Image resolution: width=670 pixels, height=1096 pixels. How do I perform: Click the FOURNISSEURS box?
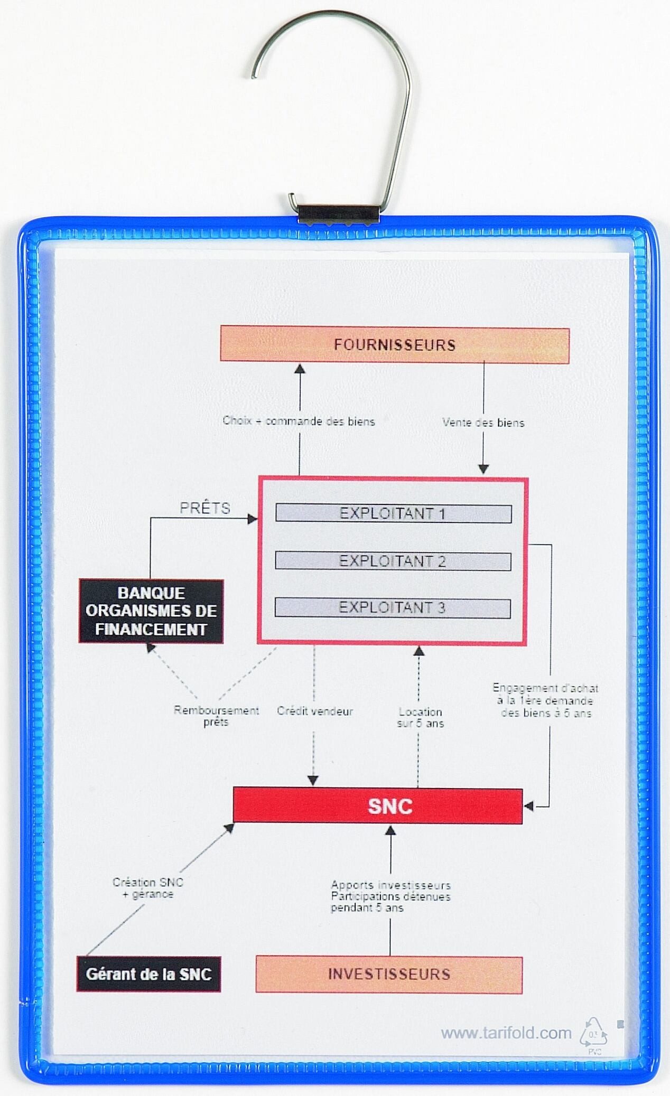[395, 345]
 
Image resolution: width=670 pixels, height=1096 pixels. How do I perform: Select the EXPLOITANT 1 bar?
[393, 514]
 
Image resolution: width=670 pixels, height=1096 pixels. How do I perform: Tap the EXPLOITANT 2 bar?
[393, 561]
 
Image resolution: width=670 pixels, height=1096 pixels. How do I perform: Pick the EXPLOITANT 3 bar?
[393, 608]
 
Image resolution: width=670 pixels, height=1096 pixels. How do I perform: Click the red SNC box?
[378, 806]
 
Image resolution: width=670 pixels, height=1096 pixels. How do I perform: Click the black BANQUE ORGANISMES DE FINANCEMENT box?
[151, 611]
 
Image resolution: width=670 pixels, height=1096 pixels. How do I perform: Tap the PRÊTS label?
[205, 508]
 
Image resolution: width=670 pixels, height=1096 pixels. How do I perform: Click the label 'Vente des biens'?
[483, 423]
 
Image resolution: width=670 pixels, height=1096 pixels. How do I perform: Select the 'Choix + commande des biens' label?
[299, 421]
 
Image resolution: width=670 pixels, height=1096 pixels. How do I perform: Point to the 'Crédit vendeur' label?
[315, 711]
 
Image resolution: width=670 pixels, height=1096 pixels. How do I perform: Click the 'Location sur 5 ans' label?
[421, 718]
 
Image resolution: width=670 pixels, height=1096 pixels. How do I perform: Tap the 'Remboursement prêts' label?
[216, 716]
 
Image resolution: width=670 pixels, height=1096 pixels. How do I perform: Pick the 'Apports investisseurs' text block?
[390, 896]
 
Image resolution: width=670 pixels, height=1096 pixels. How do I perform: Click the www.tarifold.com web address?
[506, 1033]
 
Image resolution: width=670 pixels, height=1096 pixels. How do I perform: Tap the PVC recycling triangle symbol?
[594, 1035]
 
